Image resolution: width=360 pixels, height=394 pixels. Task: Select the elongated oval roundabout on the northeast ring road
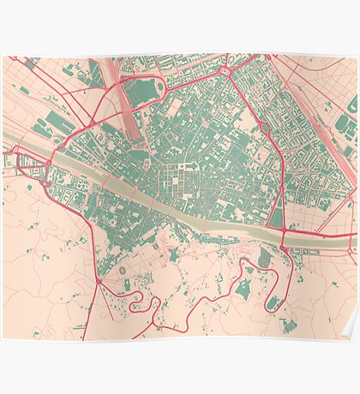265,129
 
